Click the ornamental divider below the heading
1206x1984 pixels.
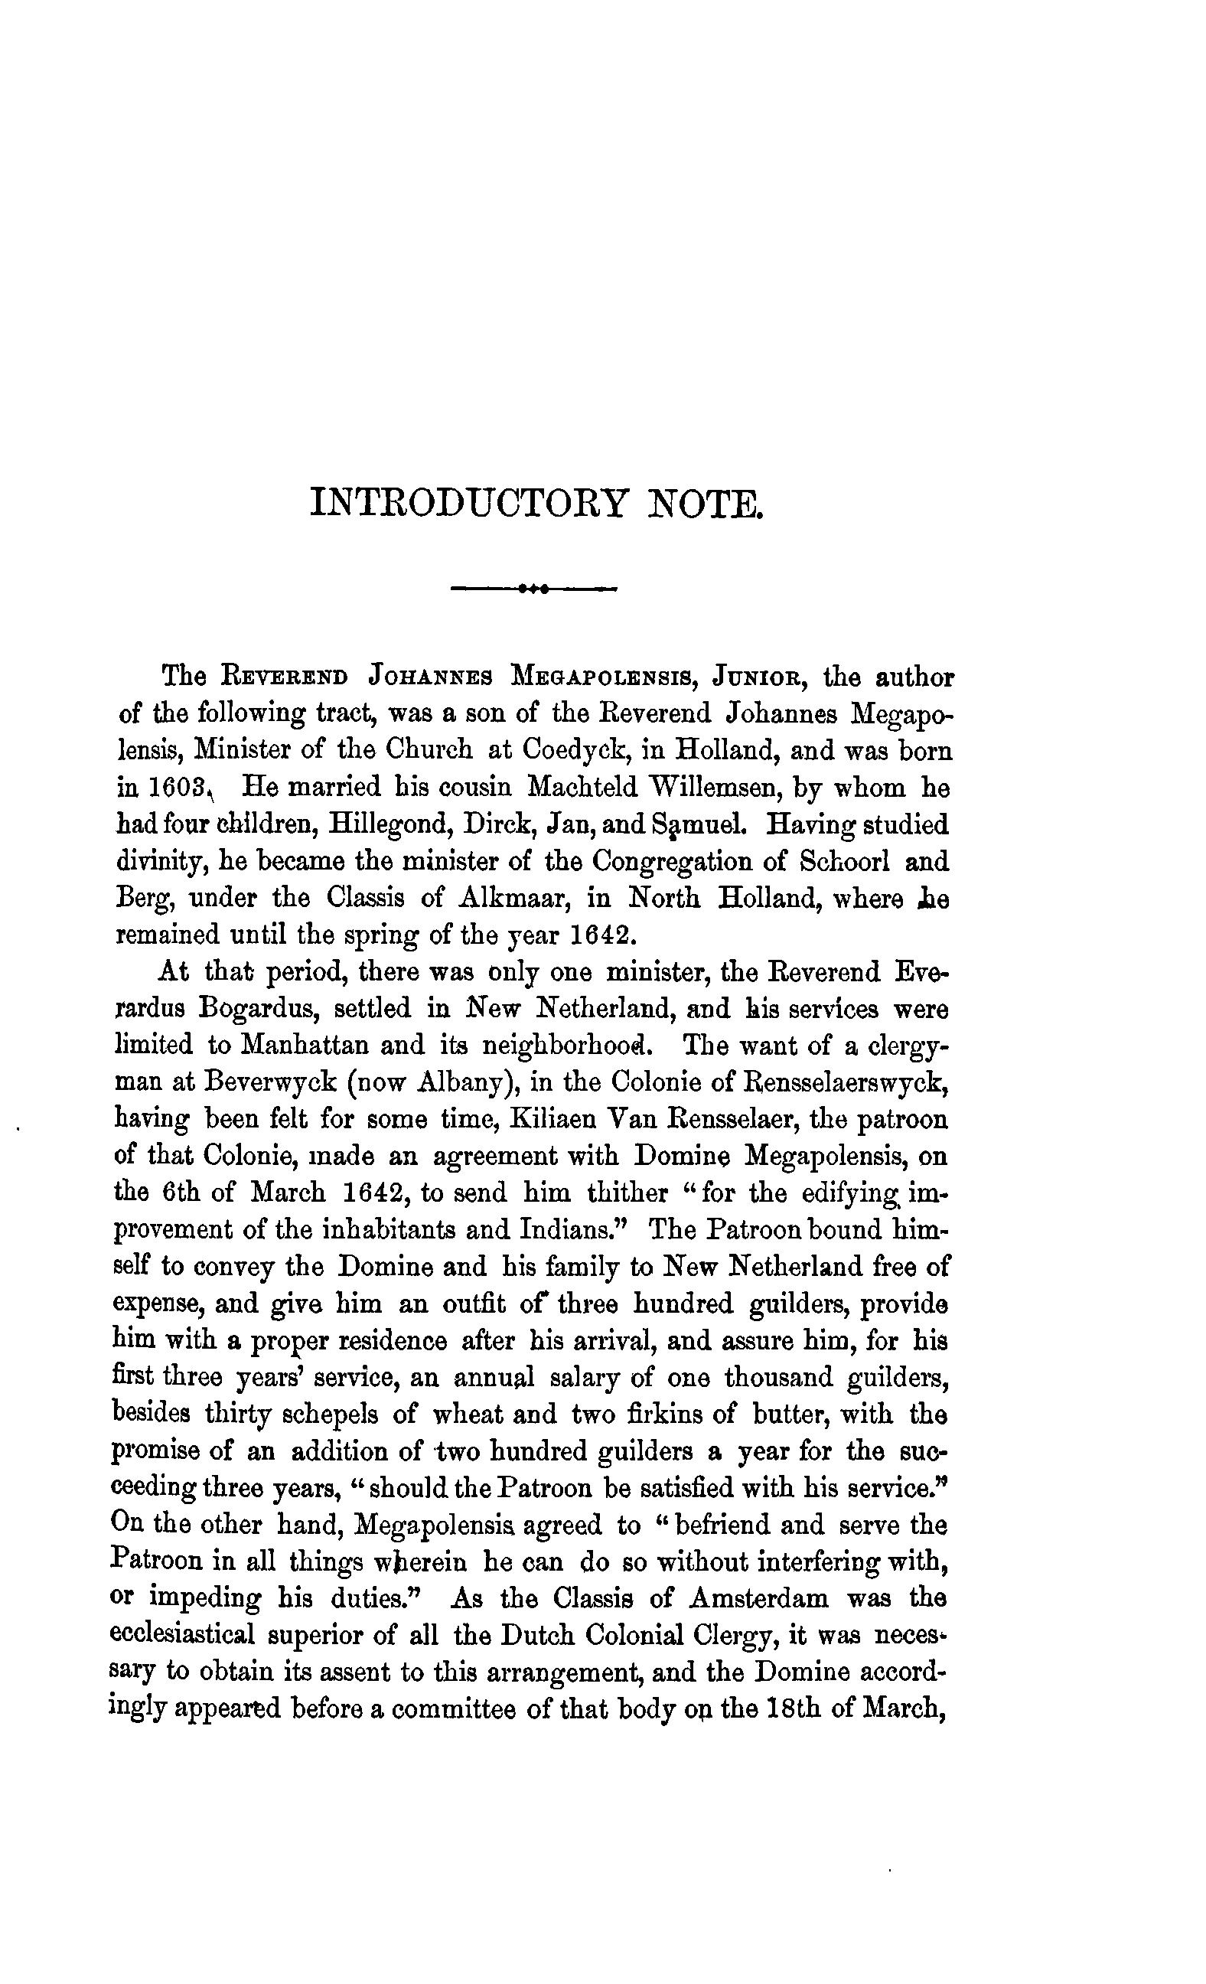pos(534,589)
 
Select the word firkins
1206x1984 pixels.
pos(668,1415)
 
